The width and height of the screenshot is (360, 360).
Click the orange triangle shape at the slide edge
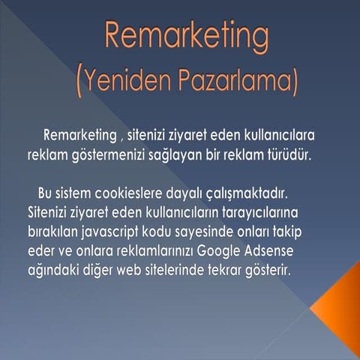click(337, 307)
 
